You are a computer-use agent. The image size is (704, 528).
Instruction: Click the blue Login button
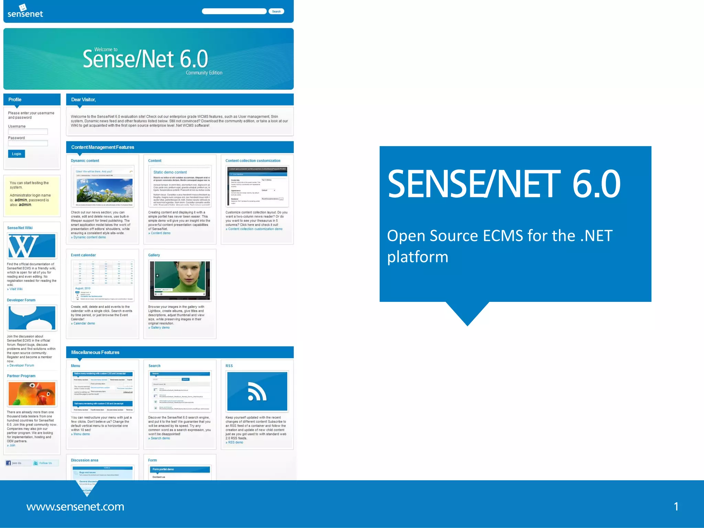click(x=16, y=154)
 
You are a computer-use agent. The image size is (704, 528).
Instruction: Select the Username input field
click(x=28, y=132)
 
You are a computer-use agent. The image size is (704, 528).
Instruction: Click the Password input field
click(x=28, y=143)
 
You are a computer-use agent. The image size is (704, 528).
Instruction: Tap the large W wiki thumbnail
click(x=32, y=246)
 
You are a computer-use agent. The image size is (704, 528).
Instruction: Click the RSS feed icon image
click(x=257, y=391)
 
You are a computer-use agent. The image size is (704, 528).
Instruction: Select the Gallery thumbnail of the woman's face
click(x=180, y=280)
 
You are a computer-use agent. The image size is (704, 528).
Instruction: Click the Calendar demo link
click(x=84, y=323)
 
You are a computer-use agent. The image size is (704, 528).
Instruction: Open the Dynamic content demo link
click(x=89, y=237)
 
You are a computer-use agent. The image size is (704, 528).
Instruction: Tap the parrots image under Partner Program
click(x=32, y=394)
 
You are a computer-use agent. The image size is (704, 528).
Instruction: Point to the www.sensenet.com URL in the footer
click(x=75, y=506)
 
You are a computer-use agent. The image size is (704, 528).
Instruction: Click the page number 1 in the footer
click(x=676, y=506)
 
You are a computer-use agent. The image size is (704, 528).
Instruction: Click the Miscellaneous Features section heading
click(x=95, y=352)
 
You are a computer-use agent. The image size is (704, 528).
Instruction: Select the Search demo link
click(x=160, y=438)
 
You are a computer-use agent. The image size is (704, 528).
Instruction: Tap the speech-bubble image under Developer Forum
click(x=32, y=318)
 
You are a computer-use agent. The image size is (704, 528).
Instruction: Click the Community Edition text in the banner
click(x=204, y=73)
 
